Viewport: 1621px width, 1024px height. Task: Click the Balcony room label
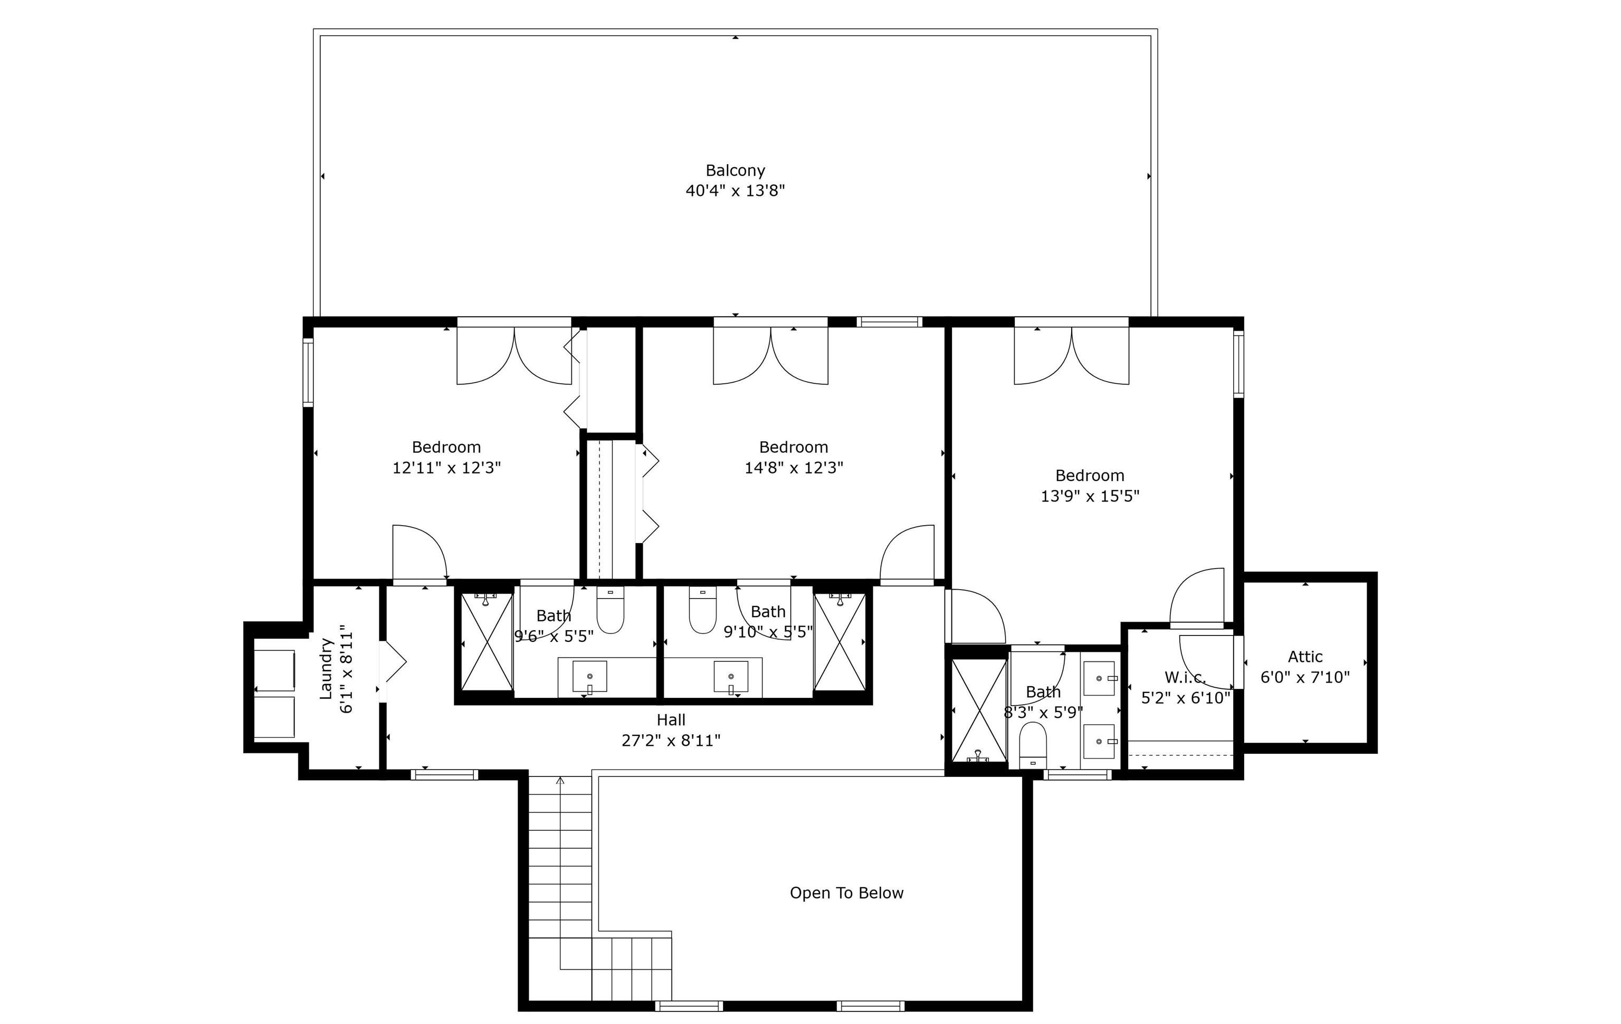(735, 171)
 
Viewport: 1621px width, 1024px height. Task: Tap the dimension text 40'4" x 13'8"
(735, 191)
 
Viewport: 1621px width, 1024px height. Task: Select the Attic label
(1305, 657)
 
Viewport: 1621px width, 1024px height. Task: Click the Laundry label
(327, 669)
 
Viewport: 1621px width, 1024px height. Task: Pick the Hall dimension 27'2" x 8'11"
(671, 741)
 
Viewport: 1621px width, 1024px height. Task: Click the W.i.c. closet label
(1185, 677)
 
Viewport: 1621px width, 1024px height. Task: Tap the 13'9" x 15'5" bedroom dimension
(1090, 496)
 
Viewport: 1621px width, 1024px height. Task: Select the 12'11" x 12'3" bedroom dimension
(446, 467)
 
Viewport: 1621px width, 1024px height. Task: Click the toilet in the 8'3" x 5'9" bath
(1033, 745)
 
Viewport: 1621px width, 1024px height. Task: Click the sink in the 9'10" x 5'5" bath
(730, 677)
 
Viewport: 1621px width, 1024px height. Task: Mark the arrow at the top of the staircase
(560, 781)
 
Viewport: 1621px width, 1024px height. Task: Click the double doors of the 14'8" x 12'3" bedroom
(771, 355)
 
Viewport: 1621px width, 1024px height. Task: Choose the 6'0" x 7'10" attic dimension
(1305, 677)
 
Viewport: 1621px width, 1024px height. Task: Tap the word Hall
(671, 720)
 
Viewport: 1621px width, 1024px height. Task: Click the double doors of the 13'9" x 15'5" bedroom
(1072, 355)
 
